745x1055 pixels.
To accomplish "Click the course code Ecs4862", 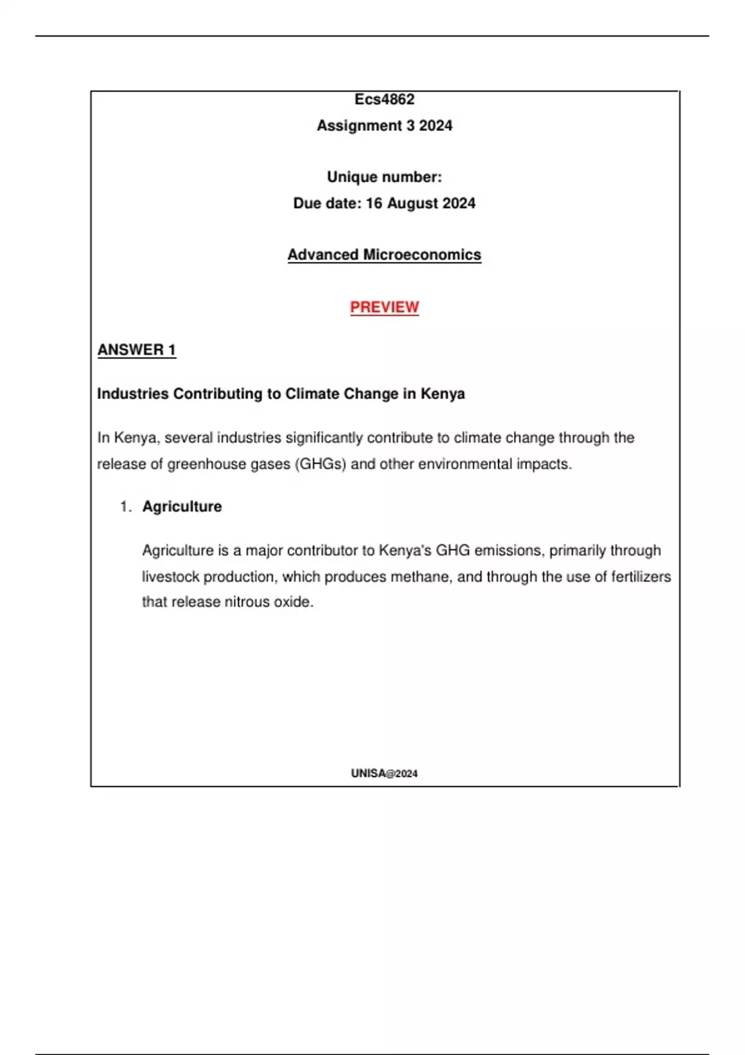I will pos(384,99).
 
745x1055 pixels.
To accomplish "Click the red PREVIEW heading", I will pos(384,307).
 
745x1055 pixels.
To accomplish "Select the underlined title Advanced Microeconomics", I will pos(384,254).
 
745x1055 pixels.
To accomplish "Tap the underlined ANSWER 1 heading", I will pos(137,350).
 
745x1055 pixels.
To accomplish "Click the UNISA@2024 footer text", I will pos(384,773).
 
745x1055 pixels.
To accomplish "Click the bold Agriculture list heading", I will pos(182,506).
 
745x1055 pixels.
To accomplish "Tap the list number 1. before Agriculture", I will pos(126,507).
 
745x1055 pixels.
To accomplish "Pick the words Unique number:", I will pos(384,177).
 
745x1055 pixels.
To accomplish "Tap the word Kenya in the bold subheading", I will pos(443,393).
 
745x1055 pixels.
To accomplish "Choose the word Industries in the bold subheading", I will pos(133,393).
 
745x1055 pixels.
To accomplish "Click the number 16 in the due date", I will pos(374,204).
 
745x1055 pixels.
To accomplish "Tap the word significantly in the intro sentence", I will pos(324,438).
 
